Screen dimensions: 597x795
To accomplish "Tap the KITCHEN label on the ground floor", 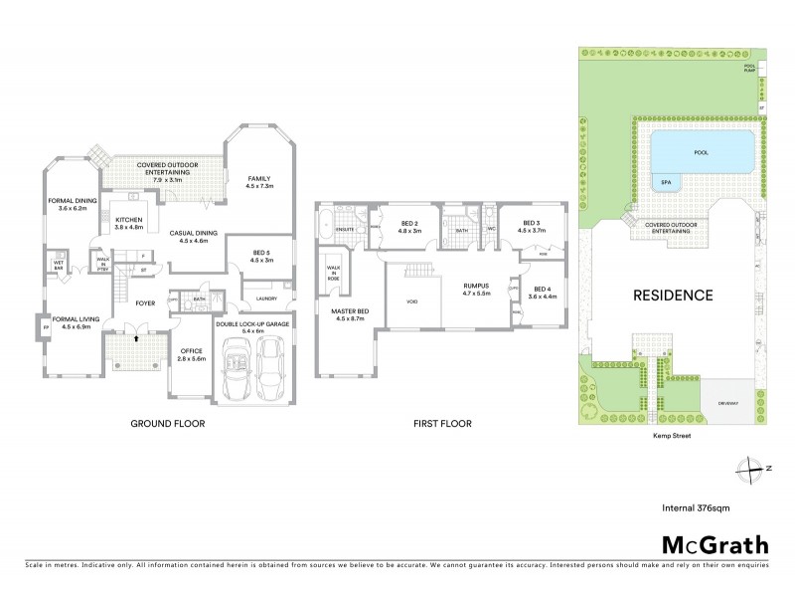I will click(130, 223).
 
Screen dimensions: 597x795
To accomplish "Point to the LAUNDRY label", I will click(265, 298).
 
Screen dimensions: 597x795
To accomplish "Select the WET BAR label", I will click(59, 265).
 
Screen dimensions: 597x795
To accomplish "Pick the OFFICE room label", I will click(191, 354).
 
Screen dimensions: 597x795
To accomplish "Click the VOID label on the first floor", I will click(411, 300).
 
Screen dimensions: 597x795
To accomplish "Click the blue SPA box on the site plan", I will click(665, 183).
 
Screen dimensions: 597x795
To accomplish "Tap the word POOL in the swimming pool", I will click(701, 153).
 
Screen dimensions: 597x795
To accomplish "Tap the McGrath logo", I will click(715, 544).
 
